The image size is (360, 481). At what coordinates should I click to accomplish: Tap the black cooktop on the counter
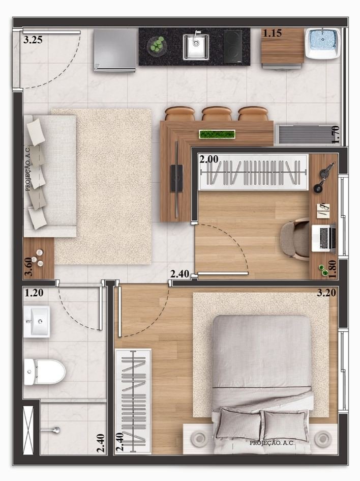(232, 46)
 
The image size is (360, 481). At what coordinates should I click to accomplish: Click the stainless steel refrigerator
(114, 50)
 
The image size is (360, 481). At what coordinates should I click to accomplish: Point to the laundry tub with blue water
(322, 43)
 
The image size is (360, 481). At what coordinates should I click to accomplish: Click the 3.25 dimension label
(33, 40)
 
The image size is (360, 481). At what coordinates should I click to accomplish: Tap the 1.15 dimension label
(273, 33)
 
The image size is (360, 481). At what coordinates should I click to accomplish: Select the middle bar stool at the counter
(216, 114)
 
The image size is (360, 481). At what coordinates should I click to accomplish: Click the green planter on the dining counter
(217, 134)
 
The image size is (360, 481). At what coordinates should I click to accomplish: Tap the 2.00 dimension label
(209, 159)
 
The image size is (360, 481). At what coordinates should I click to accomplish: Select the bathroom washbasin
(37, 322)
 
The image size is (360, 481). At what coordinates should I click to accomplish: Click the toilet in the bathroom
(45, 372)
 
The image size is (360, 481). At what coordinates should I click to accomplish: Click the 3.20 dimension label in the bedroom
(326, 293)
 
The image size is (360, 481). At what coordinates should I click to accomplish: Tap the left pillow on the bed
(239, 424)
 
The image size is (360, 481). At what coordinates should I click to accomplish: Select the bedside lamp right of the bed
(323, 439)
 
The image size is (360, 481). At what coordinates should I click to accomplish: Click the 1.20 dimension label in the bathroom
(34, 293)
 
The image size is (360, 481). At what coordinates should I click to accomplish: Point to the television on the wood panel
(176, 179)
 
